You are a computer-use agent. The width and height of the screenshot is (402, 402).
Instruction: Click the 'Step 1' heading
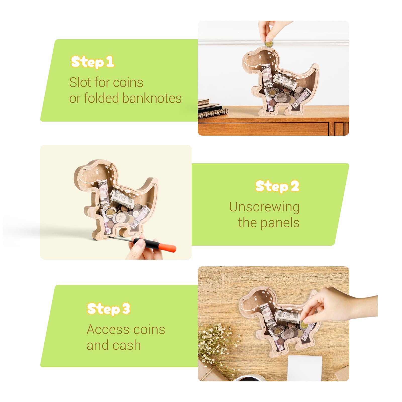[92, 62]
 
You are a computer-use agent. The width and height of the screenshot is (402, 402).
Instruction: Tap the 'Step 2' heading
[277, 186]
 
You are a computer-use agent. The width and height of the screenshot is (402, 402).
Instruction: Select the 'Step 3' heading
[109, 309]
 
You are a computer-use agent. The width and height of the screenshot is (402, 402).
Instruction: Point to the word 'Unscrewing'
[264, 207]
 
